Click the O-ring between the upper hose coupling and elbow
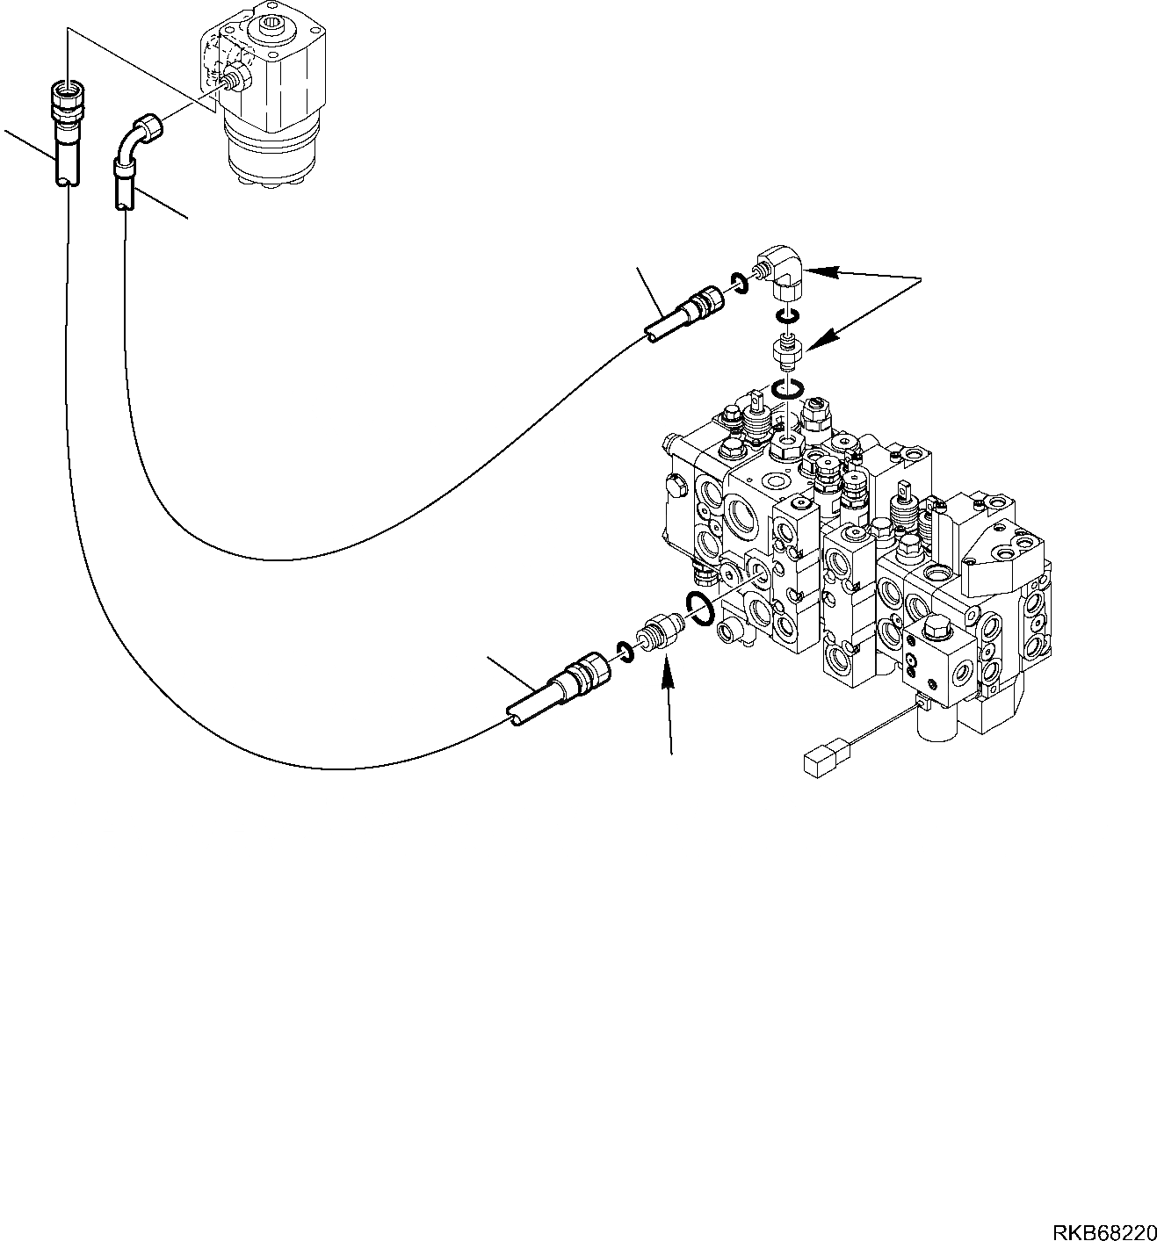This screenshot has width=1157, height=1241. point(739,282)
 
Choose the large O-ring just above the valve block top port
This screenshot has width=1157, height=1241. point(787,389)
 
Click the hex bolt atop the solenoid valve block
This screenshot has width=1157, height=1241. point(935,631)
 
